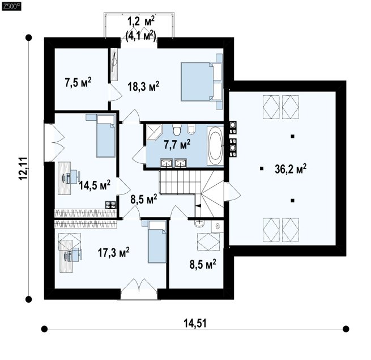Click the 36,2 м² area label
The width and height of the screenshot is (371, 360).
(x=291, y=168)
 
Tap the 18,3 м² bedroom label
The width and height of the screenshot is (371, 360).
(x=143, y=86)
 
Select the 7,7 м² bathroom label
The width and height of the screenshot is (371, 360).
(x=177, y=144)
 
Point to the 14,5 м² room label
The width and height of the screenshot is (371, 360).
(x=95, y=185)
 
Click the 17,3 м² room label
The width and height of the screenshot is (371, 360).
(x=114, y=252)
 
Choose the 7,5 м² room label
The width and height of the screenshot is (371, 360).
(x=78, y=82)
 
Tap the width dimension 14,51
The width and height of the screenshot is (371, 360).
(x=195, y=323)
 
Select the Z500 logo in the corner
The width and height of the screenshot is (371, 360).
(x=11, y=6)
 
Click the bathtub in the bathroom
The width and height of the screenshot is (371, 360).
(x=215, y=145)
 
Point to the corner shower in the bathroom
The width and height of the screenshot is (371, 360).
(x=154, y=132)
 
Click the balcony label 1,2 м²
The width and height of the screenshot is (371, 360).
(x=141, y=23)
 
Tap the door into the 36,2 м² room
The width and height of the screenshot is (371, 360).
(x=232, y=191)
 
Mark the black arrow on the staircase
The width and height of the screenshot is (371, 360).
(x=198, y=206)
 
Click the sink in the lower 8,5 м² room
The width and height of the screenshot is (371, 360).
(x=200, y=223)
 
